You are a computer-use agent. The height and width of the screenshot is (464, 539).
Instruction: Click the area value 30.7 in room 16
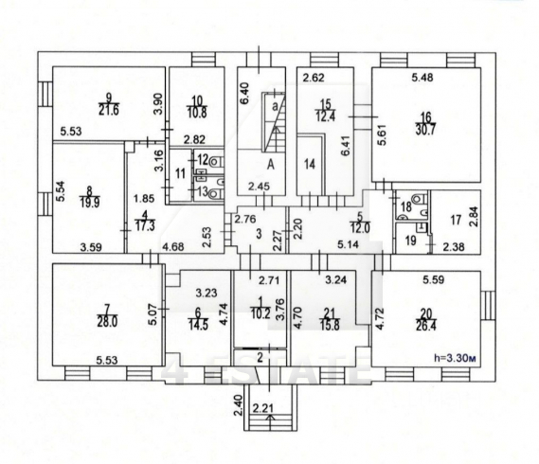tap(425, 131)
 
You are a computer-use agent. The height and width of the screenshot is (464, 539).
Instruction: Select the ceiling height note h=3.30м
tap(455, 358)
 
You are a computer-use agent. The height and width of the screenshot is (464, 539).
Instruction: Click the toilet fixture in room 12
tap(216, 161)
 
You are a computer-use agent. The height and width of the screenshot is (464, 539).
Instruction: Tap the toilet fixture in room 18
tap(418, 199)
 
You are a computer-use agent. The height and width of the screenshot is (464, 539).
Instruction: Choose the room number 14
tap(310, 164)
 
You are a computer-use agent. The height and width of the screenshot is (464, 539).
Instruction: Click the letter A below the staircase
tap(271, 166)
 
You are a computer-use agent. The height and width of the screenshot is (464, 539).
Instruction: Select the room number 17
tap(456, 220)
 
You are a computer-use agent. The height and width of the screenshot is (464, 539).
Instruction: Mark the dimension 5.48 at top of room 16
tap(422, 78)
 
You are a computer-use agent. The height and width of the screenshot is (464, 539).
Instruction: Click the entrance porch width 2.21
tap(263, 408)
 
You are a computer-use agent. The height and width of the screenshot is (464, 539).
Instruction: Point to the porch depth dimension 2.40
tap(239, 405)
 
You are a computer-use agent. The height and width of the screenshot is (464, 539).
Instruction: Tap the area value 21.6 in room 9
tap(109, 111)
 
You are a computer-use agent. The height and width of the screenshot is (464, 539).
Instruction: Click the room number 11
tap(180, 173)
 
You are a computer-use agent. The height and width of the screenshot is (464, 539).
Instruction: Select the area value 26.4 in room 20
tap(426, 325)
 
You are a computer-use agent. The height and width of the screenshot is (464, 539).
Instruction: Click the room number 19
tap(411, 241)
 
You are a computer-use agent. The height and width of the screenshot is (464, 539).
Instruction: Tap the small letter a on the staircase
tap(275, 106)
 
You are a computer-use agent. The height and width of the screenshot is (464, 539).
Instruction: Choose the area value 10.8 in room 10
tap(197, 113)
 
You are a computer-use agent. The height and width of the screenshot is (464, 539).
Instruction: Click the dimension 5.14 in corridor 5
tap(348, 244)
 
